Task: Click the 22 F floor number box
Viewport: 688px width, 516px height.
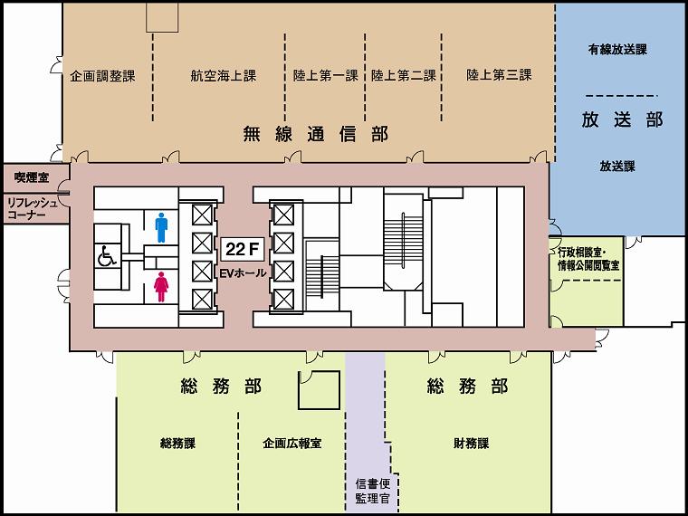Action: [242, 250]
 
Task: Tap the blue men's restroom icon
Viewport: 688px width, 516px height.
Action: [161, 228]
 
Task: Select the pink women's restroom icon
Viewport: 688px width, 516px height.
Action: [161, 287]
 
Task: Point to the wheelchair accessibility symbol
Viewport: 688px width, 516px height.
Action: [107, 256]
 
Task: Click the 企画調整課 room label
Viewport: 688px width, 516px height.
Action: [102, 76]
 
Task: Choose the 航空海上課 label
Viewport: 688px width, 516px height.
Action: [224, 76]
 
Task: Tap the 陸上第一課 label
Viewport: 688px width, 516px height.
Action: [326, 75]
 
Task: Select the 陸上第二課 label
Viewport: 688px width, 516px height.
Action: [404, 75]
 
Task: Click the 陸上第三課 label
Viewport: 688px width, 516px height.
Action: [499, 74]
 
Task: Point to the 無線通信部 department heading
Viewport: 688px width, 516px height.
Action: [316, 134]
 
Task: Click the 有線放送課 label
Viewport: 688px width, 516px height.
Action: [617, 50]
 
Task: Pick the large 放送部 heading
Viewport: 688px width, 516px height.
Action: [622, 119]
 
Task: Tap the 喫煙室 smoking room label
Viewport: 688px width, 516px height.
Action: [32, 177]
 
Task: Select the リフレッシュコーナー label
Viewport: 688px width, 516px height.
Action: [33, 209]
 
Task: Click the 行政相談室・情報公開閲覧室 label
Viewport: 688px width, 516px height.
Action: [588, 259]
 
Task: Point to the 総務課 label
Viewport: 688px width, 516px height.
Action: [177, 444]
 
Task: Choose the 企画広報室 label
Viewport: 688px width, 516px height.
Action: [292, 444]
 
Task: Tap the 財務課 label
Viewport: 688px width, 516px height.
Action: [472, 444]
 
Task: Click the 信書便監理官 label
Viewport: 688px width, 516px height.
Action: [373, 492]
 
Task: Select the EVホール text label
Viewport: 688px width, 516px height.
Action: [244, 272]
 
